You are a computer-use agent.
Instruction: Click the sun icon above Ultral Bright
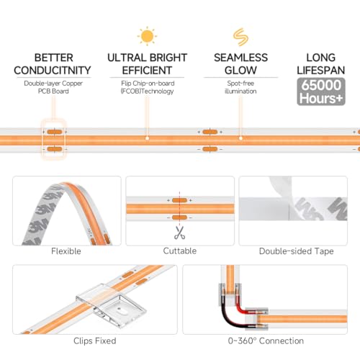tap(147, 36)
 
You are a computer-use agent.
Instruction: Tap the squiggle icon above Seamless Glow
tap(240, 37)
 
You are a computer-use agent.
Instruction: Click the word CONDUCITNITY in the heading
tap(53, 71)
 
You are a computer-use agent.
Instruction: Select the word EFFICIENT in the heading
tap(147, 71)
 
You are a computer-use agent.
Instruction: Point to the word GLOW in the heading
tap(240, 71)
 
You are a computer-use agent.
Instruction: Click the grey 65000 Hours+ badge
tap(321, 91)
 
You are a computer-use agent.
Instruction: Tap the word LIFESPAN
tap(321, 71)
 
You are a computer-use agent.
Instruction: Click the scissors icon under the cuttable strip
tap(179, 233)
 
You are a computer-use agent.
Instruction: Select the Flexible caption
tap(66, 251)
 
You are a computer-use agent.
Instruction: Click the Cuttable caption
tap(180, 251)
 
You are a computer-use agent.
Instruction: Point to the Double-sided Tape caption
tap(297, 251)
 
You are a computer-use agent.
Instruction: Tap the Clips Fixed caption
tap(95, 341)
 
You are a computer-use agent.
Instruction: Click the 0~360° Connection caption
tap(266, 341)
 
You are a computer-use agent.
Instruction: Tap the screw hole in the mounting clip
tap(120, 310)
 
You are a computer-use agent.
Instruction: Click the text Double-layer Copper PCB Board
tap(53, 87)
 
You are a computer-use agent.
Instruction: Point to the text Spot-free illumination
tap(240, 87)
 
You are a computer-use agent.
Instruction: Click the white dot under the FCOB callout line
tap(148, 138)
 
